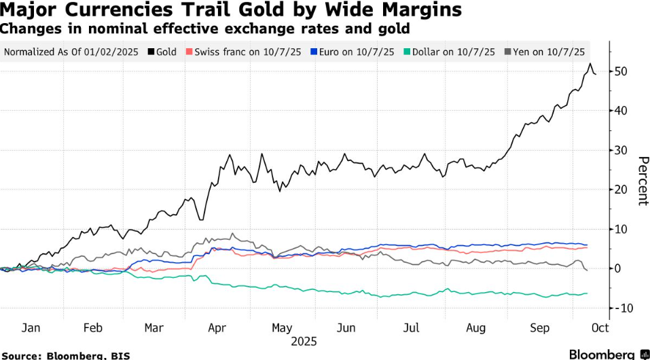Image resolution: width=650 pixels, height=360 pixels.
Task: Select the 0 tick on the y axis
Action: point(618,268)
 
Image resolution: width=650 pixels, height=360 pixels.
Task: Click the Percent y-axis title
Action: point(643,181)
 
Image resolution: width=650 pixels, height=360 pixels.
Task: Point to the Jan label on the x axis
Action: point(31,328)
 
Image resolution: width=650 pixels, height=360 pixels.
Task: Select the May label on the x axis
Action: point(283,328)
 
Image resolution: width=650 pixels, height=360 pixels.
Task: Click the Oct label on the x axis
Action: point(600,328)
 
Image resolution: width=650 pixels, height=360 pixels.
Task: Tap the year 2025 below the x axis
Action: point(304,342)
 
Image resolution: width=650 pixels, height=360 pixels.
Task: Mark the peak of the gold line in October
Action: point(589,64)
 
